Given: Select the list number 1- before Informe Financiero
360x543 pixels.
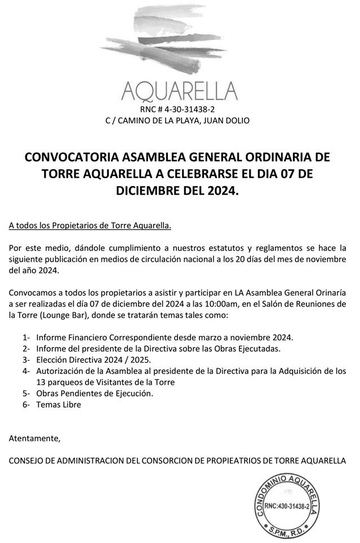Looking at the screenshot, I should click(x=26, y=337).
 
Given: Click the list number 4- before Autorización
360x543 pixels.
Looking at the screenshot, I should click(x=26, y=371).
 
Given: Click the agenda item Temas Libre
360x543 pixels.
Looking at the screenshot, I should click(x=59, y=404).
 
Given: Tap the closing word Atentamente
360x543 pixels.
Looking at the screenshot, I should click(x=34, y=438).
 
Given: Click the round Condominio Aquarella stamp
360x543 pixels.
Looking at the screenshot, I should click(x=287, y=506).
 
